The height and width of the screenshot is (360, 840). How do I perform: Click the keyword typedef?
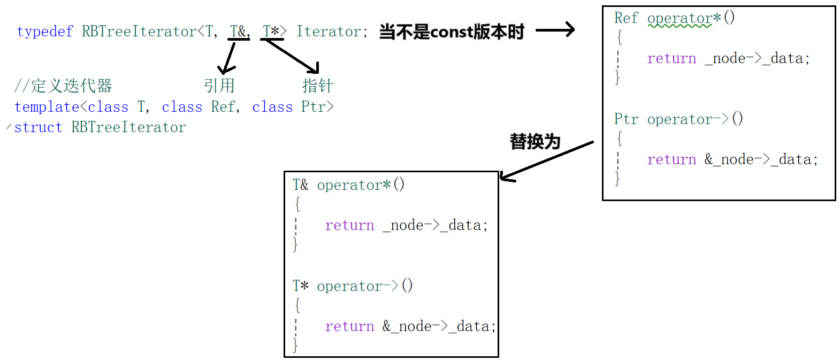click(x=44, y=32)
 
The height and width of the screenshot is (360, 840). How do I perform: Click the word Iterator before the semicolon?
click(x=329, y=32)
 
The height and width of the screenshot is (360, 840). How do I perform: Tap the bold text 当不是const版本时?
click(x=452, y=32)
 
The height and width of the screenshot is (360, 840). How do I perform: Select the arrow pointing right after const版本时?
click(x=555, y=30)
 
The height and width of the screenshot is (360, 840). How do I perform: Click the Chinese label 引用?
click(x=219, y=86)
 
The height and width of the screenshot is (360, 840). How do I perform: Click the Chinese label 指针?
click(x=317, y=86)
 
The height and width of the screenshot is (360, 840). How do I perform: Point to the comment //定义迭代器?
click(x=63, y=86)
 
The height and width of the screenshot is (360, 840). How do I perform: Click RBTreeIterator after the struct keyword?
click(x=128, y=127)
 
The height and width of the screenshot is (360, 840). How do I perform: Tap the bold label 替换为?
click(x=534, y=142)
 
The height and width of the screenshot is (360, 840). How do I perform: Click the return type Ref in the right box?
click(x=626, y=18)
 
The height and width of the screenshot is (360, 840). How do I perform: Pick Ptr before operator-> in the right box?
click(x=626, y=119)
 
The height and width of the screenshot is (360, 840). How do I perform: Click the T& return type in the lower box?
click(x=300, y=185)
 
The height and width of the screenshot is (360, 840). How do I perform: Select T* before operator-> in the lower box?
click(x=300, y=286)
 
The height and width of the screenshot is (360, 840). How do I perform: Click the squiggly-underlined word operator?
click(x=679, y=19)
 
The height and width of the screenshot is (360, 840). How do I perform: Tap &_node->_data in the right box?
click(x=761, y=159)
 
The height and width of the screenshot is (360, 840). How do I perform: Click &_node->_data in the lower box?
click(x=439, y=326)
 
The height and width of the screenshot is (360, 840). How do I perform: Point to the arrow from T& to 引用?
click(x=228, y=57)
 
